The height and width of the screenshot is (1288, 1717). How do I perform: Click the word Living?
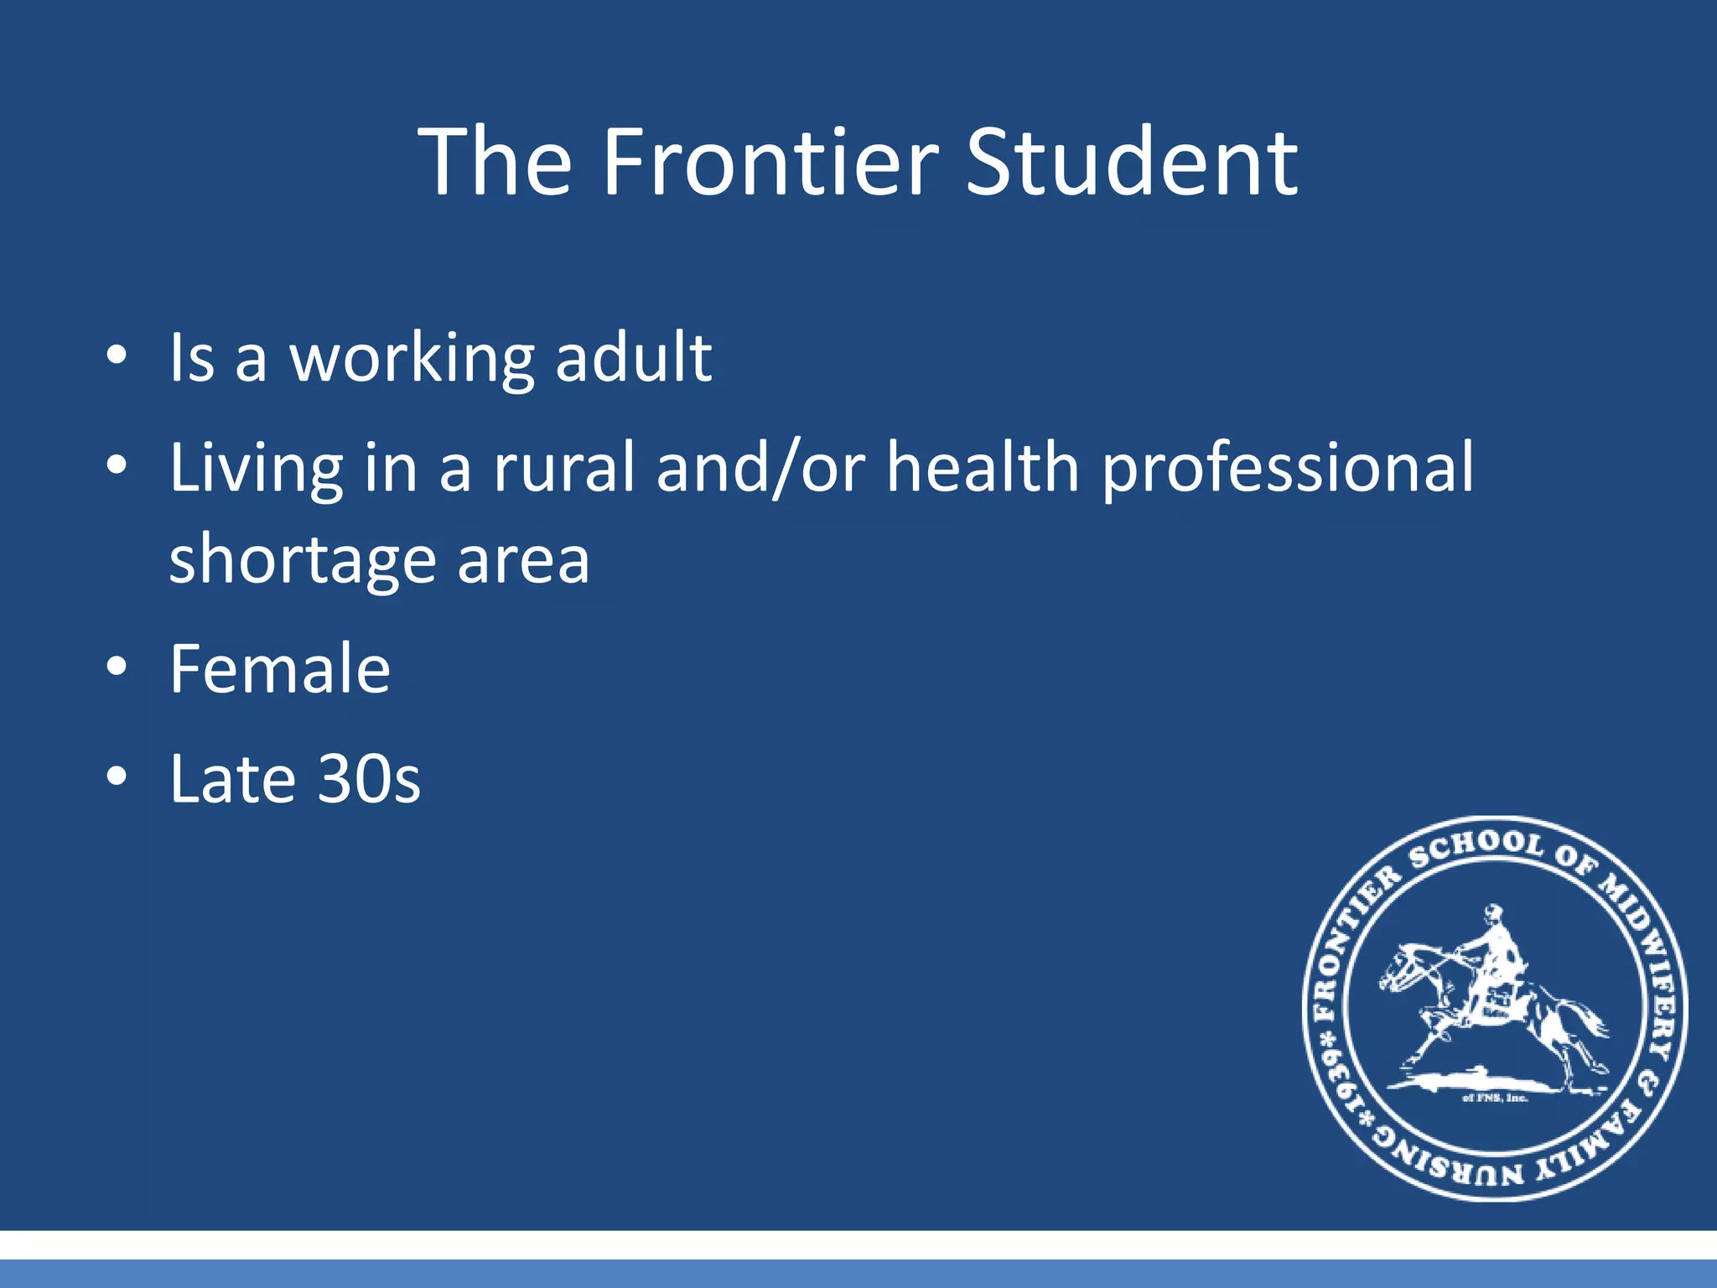256,468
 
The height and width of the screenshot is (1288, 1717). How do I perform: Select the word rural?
563,468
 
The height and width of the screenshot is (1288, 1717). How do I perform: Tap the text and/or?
760,468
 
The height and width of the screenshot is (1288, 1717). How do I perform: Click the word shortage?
302,560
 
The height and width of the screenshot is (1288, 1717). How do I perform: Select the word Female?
280,669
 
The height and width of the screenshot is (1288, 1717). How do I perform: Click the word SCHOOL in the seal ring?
1476,847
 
